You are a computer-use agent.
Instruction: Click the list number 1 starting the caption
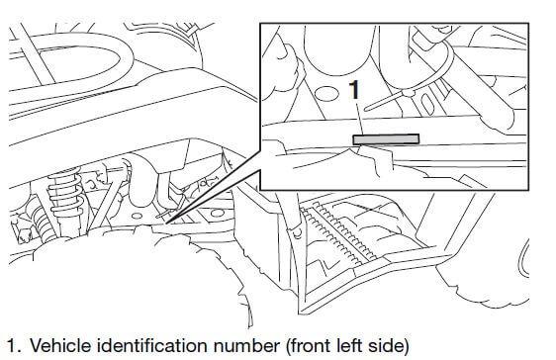11,345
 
